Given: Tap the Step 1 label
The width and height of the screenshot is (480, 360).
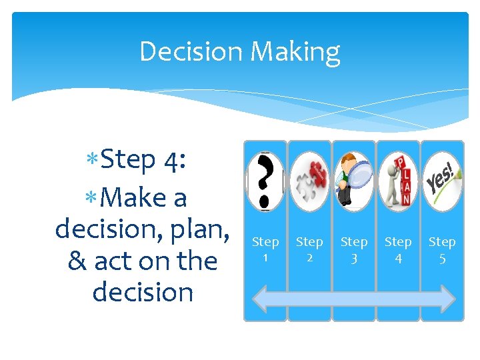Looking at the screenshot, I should click(265, 249).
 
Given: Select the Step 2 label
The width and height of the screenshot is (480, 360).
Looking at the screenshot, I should click(309, 249).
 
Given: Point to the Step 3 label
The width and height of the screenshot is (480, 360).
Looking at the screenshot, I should click(354, 249).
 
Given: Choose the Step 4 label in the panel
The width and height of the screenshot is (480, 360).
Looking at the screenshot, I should click(398, 249).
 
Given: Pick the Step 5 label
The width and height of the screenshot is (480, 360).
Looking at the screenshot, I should click(442, 249).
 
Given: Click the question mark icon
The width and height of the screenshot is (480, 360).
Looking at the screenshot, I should click(265, 181).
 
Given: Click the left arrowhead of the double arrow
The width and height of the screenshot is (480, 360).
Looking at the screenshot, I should click(258, 298).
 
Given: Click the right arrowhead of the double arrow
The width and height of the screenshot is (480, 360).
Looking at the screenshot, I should click(447, 298).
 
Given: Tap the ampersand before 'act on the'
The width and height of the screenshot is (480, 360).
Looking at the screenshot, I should click(77, 261).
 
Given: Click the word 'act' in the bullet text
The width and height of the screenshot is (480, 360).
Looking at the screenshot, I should click(114, 261).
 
